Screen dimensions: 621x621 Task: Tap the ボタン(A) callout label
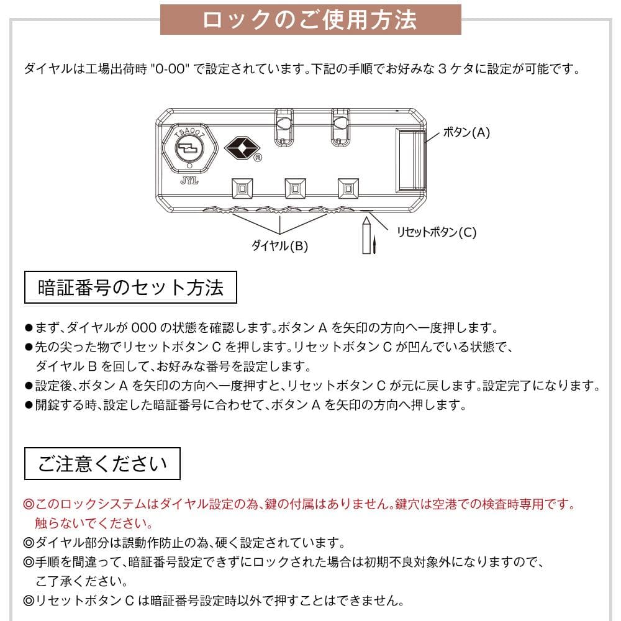(466, 132)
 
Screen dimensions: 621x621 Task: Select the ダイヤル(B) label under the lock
(279, 245)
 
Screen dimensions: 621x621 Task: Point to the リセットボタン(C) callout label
(437, 232)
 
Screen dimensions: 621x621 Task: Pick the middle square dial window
(294, 188)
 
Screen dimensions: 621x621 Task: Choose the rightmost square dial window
(348, 188)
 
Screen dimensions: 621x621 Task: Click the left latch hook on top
(283, 124)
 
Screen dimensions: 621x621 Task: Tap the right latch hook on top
(339, 124)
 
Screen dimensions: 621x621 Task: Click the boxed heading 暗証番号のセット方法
(130, 287)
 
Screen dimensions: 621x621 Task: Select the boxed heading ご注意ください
(102, 463)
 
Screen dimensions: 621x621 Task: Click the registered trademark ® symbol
(257, 158)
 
